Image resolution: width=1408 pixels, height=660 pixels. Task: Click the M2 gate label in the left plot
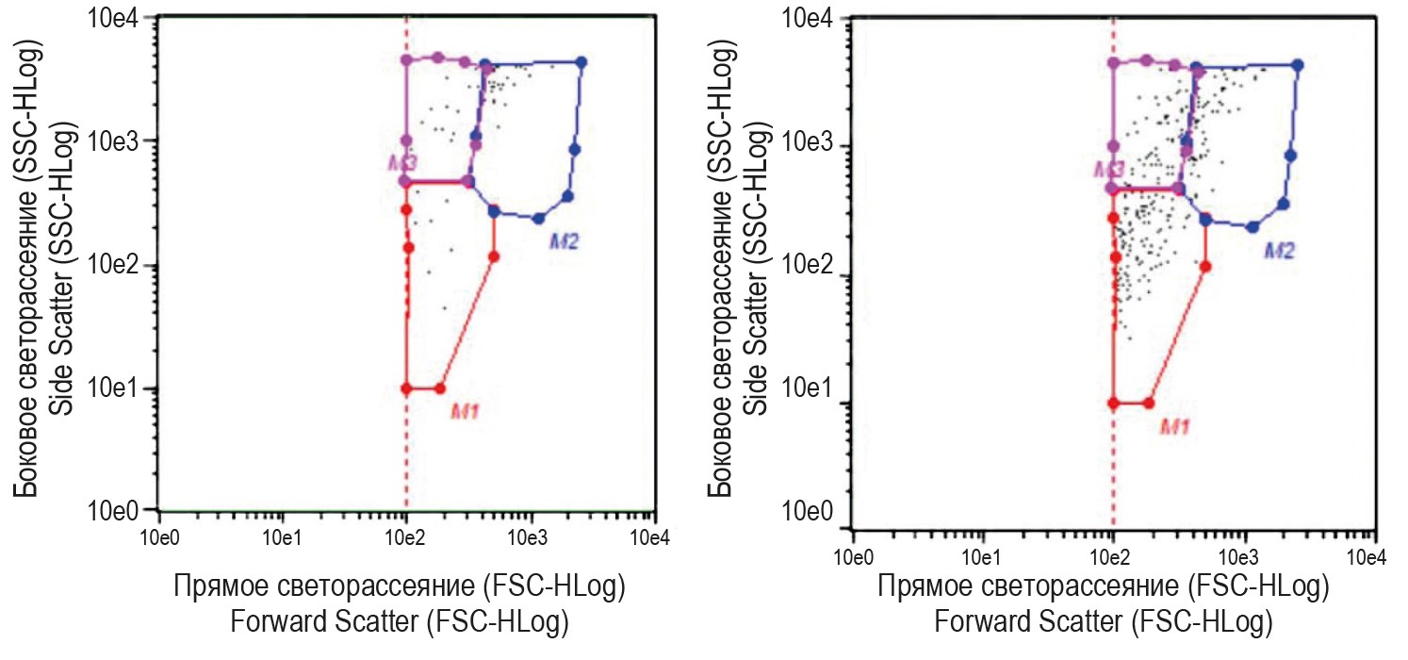pos(563,241)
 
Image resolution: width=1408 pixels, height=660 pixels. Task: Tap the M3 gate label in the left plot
pos(402,162)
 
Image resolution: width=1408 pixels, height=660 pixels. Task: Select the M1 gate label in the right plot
pos(1174,426)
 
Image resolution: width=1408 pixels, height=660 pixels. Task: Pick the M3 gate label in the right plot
pos(1109,169)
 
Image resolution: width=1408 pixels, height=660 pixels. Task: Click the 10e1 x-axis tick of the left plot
pos(282,538)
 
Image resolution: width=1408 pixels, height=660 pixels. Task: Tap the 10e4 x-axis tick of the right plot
pos(1367,555)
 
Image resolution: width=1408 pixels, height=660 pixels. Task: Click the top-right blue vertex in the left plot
pos(581,62)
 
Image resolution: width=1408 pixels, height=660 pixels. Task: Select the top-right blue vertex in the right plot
pos(1297,65)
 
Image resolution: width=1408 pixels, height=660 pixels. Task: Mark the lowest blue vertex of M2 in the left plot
pos(538,219)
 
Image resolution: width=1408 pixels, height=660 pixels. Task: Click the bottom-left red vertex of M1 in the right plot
pos(1113,403)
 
